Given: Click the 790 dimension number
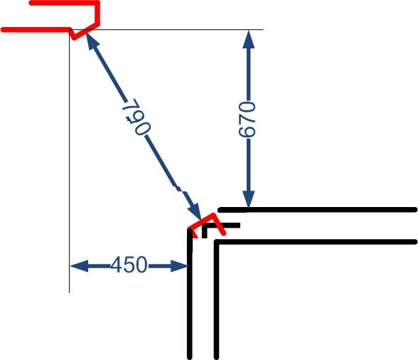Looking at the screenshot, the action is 136,117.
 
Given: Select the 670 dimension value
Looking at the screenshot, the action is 247,120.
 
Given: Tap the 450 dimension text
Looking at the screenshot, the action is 129,265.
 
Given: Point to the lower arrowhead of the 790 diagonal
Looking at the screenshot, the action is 195,211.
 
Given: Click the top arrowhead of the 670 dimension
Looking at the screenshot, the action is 249,39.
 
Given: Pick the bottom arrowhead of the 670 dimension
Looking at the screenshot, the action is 249,198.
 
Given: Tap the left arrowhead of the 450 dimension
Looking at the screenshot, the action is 79,266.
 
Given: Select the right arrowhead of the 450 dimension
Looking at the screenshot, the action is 180,266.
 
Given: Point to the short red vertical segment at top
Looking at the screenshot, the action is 97,14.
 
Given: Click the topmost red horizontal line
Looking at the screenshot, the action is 64,3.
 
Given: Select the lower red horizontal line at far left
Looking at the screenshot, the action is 36,30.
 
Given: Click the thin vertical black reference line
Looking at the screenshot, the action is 70,162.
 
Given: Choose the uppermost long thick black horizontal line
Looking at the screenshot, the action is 318,210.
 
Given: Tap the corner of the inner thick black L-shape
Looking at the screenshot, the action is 217,243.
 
